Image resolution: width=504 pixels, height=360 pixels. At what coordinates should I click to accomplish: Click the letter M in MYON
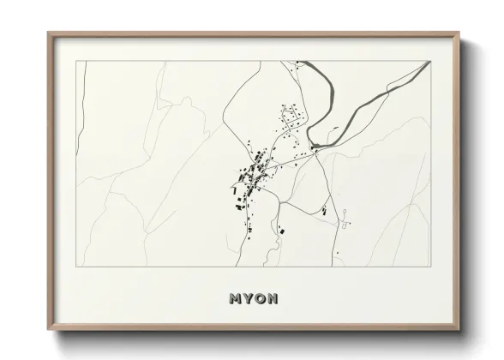[236, 299]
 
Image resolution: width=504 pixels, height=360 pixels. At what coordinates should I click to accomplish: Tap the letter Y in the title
[248, 299]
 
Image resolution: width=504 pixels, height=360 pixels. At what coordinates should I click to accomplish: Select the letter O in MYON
[260, 299]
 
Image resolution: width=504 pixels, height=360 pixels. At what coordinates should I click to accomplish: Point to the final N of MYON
[272, 299]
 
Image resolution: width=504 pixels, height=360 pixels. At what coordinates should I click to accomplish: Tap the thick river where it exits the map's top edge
[301, 63]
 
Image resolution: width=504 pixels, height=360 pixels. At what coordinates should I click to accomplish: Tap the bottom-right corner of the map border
[429, 267]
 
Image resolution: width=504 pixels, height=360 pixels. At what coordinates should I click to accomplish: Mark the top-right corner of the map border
[429, 61]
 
